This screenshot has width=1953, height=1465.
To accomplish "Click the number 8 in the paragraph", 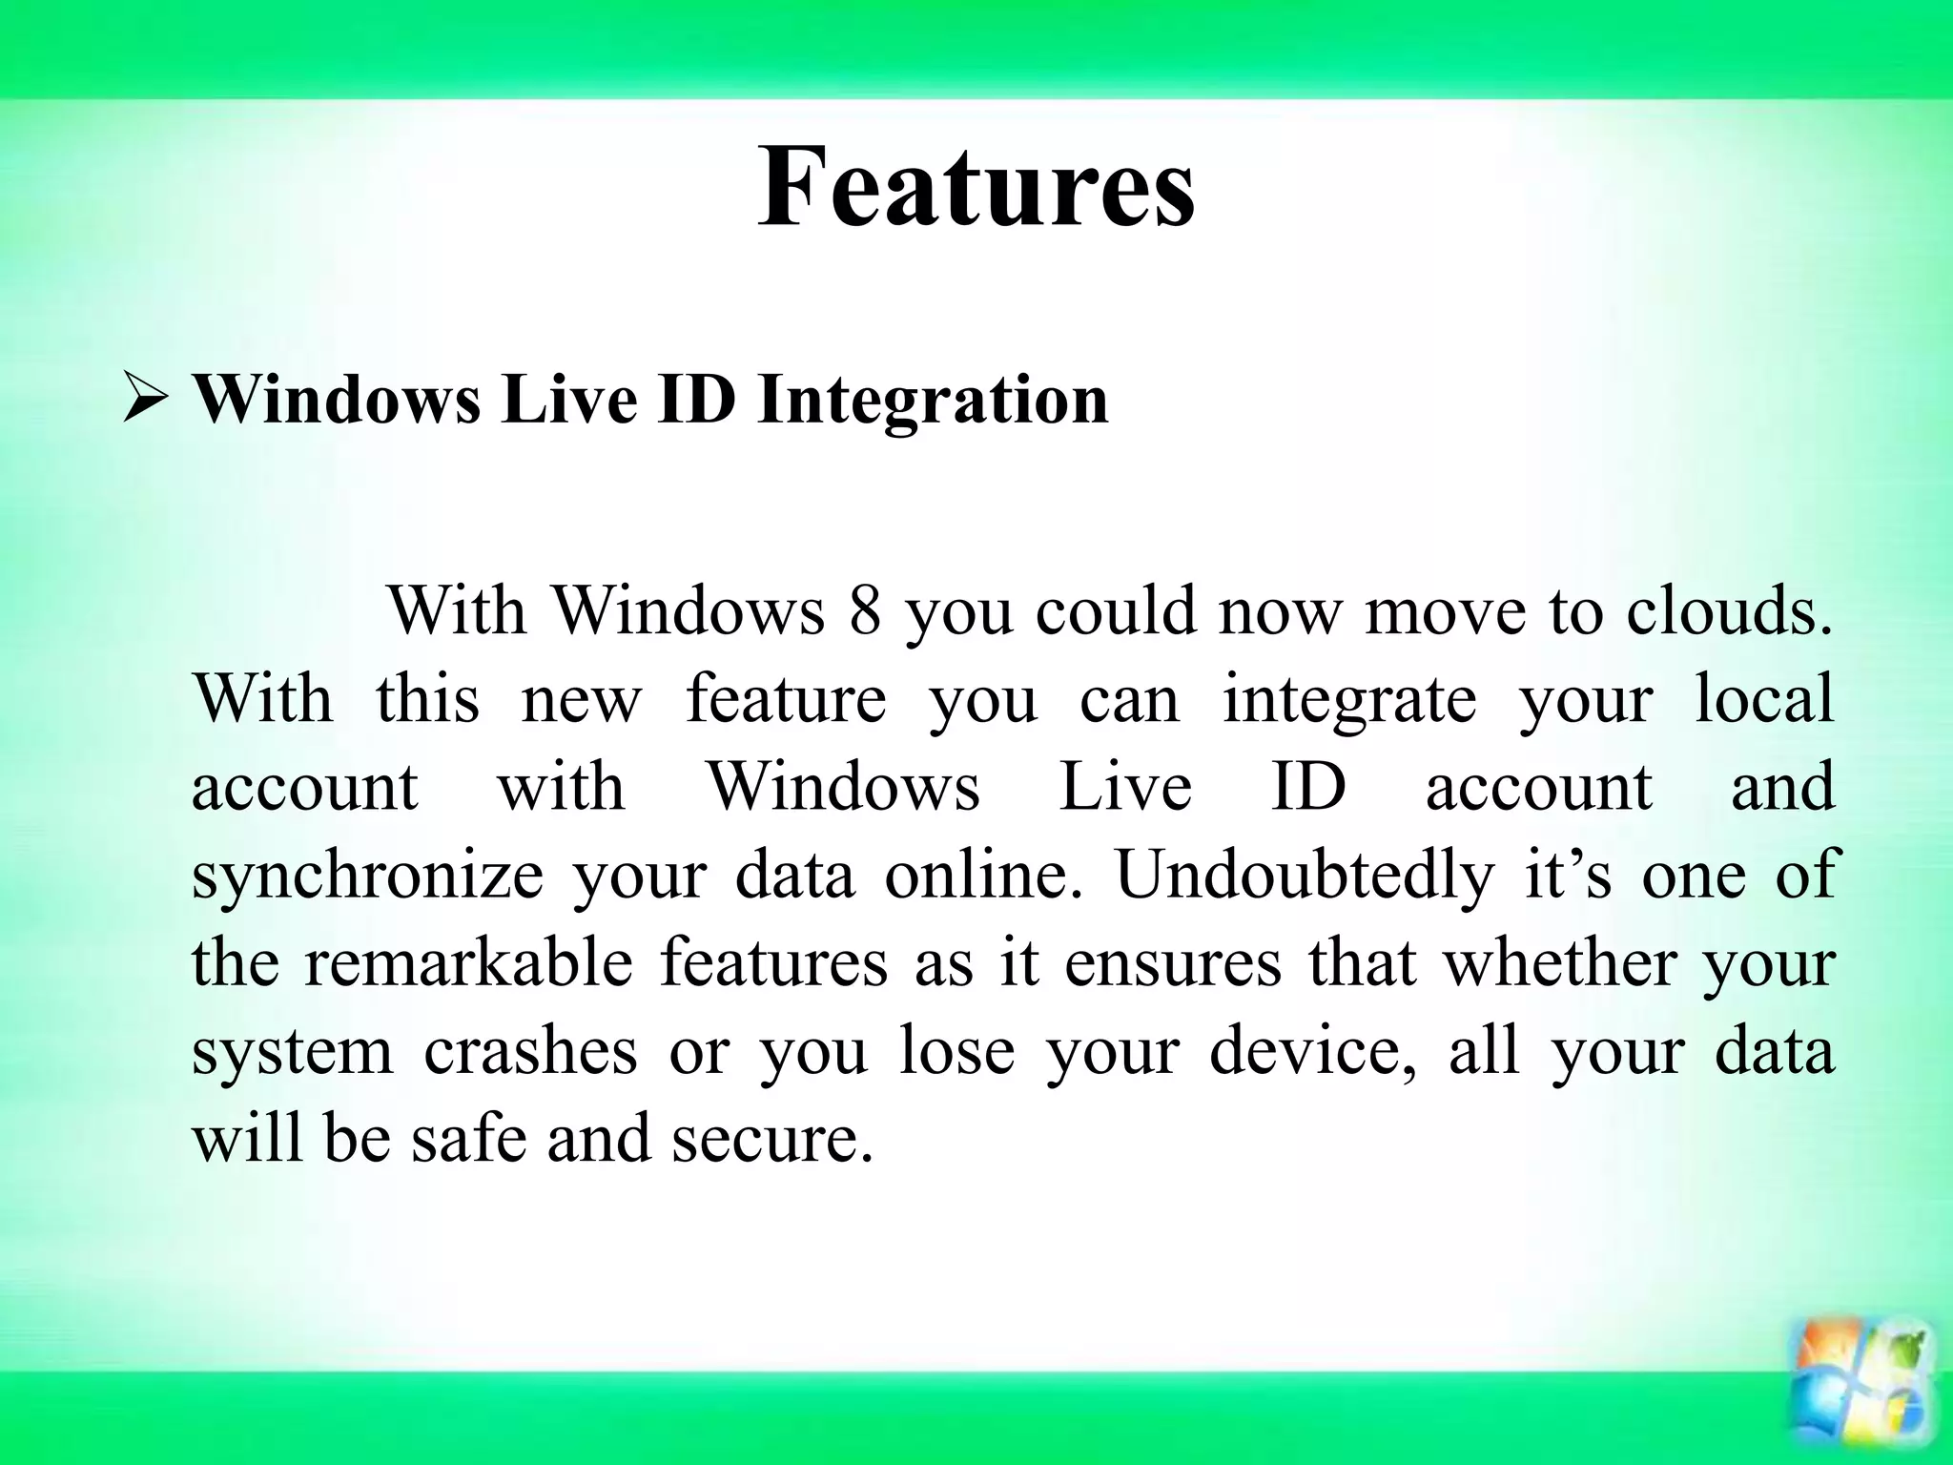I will coord(864,610).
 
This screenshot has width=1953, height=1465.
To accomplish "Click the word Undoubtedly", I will coord(1304,875).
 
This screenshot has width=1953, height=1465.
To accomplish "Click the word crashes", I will coord(530,1051).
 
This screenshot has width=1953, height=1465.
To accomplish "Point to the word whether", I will coord(1559,962).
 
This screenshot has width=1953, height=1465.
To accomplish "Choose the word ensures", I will coord(1173,962).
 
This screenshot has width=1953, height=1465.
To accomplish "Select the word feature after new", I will coord(786,699).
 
